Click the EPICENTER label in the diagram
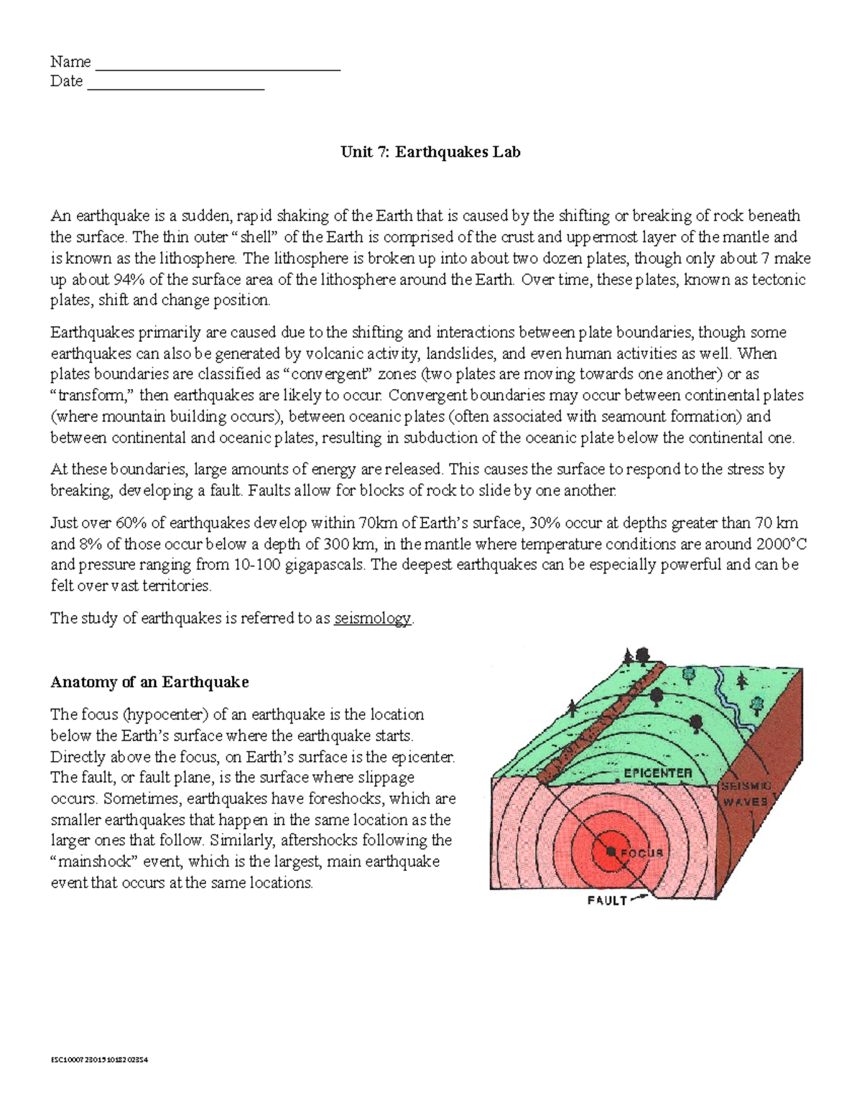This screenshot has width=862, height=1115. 657,773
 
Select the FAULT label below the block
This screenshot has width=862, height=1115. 607,900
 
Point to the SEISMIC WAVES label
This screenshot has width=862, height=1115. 746,794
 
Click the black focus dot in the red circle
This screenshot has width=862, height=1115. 610,851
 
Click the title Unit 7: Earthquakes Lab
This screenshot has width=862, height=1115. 430,152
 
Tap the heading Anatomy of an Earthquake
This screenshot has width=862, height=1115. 149,682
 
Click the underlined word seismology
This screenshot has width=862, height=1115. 373,618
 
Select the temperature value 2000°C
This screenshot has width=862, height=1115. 778,543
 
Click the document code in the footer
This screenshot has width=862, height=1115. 98,1060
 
